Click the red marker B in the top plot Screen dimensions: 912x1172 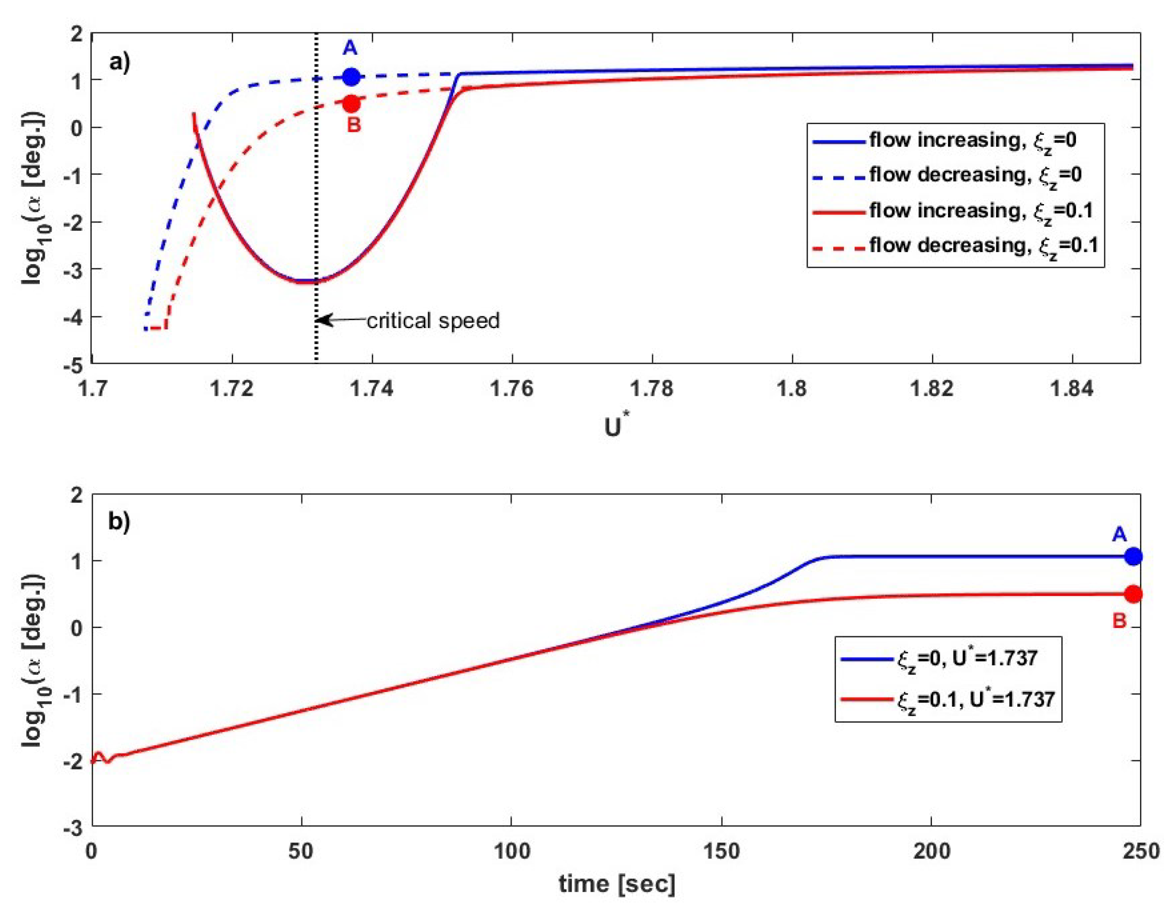coord(351,103)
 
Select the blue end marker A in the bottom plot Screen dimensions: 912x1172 coord(1133,556)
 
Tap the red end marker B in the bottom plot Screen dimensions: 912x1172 coord(1133,594)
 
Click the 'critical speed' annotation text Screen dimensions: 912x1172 coord(433,321)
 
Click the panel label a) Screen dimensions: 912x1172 coord(119,63)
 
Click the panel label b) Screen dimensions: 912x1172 coord(119,521)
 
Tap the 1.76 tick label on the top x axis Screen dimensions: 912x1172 coord(512,389)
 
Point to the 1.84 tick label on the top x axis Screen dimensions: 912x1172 coord(1072,389)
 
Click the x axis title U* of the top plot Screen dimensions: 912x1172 coord(615,427)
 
